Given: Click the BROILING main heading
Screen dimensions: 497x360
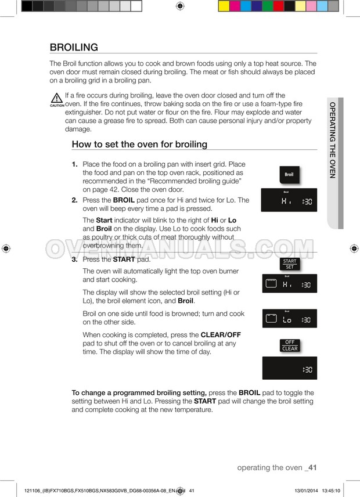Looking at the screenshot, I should tap(74, 47).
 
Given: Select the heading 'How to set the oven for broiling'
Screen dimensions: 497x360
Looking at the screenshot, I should tap(139, 144).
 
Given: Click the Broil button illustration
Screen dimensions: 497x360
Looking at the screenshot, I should tap(289, 174).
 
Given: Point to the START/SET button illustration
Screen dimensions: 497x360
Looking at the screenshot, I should tap(289, 264).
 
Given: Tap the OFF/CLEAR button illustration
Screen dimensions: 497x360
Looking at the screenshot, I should tap(289, 345).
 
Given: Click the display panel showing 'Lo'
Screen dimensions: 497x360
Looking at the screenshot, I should tap(289, 319).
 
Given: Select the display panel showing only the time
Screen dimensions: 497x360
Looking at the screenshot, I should tap(289, 368).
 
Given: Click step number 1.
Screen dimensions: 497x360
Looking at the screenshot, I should tap(75, 164).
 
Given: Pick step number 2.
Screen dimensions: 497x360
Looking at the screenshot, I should tap(75, 200).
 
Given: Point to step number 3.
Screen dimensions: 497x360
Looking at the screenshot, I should tap(75, 260).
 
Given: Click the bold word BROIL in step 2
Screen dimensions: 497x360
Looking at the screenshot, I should tap(124, 200).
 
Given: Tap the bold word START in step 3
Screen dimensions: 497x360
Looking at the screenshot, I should tap(123, 260).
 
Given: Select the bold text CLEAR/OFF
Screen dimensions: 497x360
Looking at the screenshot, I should tap(221, 335).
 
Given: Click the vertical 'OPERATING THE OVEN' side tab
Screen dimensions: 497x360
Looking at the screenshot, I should tap(333, 140).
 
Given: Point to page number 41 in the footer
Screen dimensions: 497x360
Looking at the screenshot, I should tap(312, 467).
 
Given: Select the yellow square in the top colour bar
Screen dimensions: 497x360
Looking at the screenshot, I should tap(224, 6).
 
